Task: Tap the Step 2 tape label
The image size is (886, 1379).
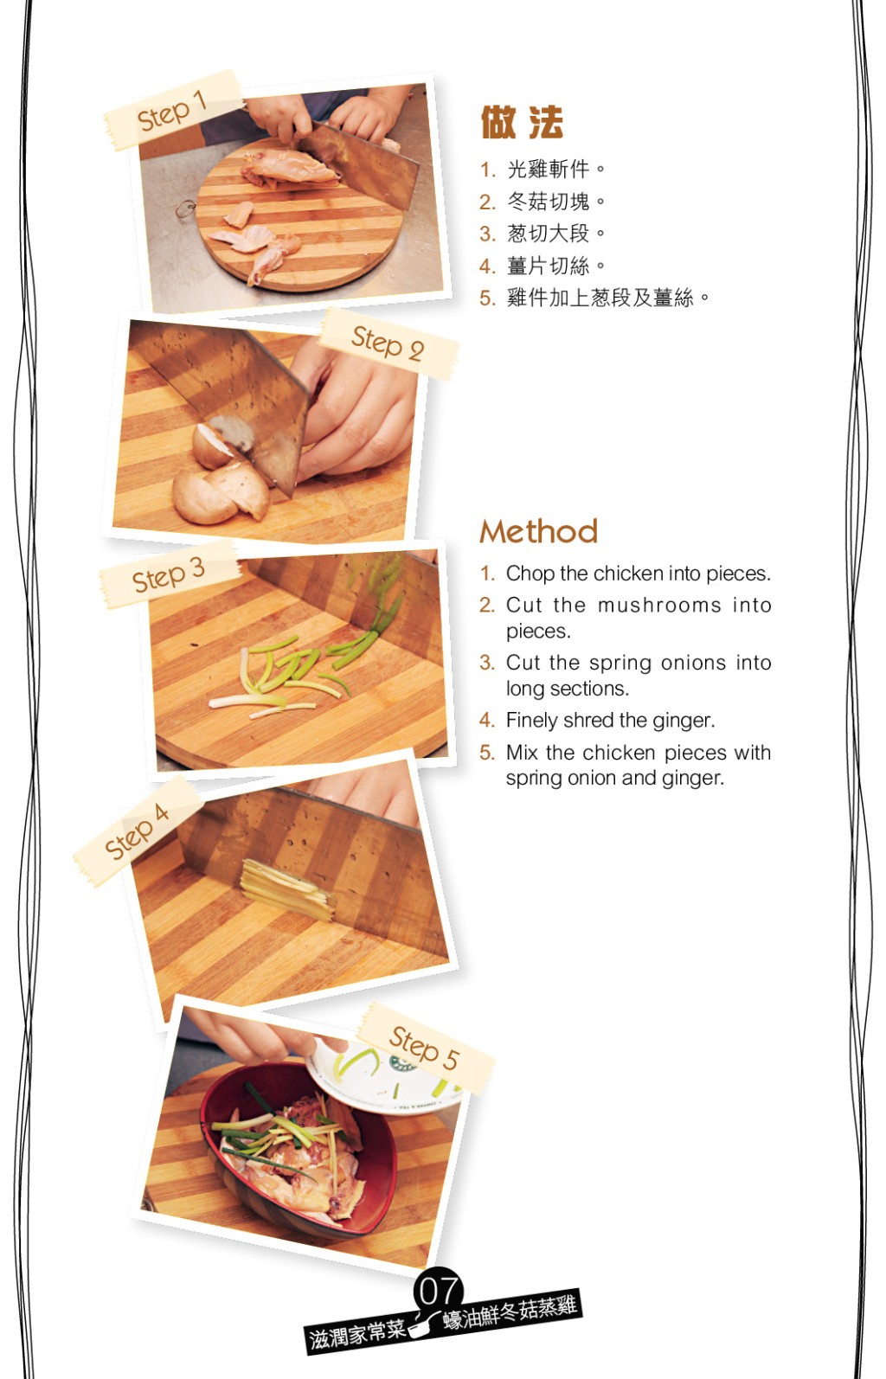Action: [388, 344]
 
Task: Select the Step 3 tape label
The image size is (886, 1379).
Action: [170, 574]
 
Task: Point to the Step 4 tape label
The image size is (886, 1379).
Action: [138, 831]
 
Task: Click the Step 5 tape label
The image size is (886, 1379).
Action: [425, 1048]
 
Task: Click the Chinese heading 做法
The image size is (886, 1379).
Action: [522, 122]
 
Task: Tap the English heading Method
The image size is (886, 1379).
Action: [539, 531]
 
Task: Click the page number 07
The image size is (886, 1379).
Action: [439, 1291]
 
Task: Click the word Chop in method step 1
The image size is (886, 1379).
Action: [530, 574]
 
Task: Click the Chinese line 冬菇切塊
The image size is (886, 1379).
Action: [548, 202]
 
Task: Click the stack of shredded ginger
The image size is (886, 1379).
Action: [287, 889]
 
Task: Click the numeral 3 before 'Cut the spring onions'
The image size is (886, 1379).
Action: [487, 663]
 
